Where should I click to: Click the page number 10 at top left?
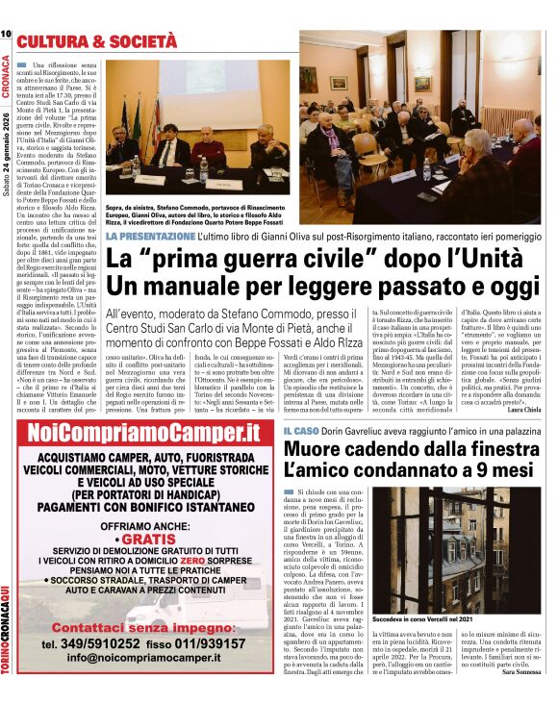point(7,35)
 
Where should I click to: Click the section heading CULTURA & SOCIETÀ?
point(96,41)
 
